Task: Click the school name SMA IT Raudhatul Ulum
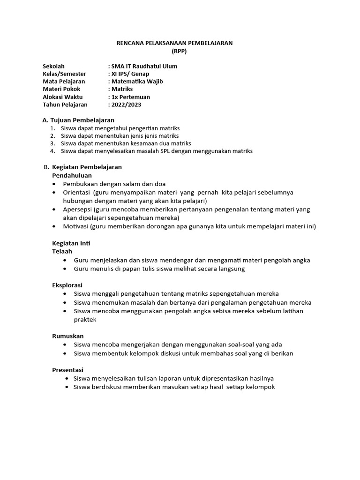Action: [143, 66]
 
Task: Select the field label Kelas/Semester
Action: [64, 74]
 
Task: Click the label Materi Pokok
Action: [61, 89]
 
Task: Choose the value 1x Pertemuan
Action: [130, 97]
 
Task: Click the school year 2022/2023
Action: [126, 105]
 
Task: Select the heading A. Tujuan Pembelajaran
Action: [78, 120]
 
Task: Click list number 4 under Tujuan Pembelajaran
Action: [53, 151]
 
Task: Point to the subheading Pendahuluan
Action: [72, 175]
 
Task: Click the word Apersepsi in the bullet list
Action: [77, 209]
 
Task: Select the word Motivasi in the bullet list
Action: [76, 226]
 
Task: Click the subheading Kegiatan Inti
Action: [71, 243]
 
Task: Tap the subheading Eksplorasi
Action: [67, 285]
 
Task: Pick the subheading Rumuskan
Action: [67, 336]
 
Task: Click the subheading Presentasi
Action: [67, 370]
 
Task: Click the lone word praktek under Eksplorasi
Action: [85, 319]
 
